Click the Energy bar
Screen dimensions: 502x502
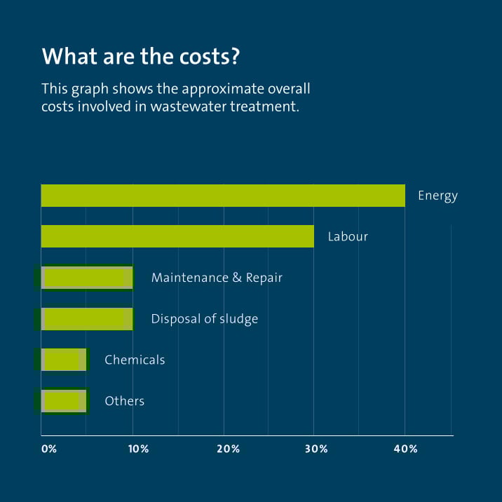tap(223, 196)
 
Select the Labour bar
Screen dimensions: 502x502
tap(177, 236)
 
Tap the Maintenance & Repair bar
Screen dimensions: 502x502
tap(87, 278)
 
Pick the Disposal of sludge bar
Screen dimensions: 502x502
tap(87, 319)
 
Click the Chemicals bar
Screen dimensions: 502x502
tap(64, 360)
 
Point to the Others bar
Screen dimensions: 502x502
tap(64, 401)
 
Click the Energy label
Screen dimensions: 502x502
tap(437, 196)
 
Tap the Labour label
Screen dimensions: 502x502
tap(348, 237)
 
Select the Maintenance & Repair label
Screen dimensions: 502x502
tap(217, 278)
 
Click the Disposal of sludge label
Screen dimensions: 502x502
tap(205, 319)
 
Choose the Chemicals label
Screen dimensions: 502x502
tap(135, 360)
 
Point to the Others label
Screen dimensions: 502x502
tap(124, 401)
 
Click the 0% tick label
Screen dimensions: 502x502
tap(48, 449)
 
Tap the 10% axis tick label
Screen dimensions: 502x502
tap(138, 449)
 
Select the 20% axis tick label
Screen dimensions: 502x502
tap(229, 449)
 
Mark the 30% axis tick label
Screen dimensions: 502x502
tap(318, 449)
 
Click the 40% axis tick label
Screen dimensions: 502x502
tap(407, 449)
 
